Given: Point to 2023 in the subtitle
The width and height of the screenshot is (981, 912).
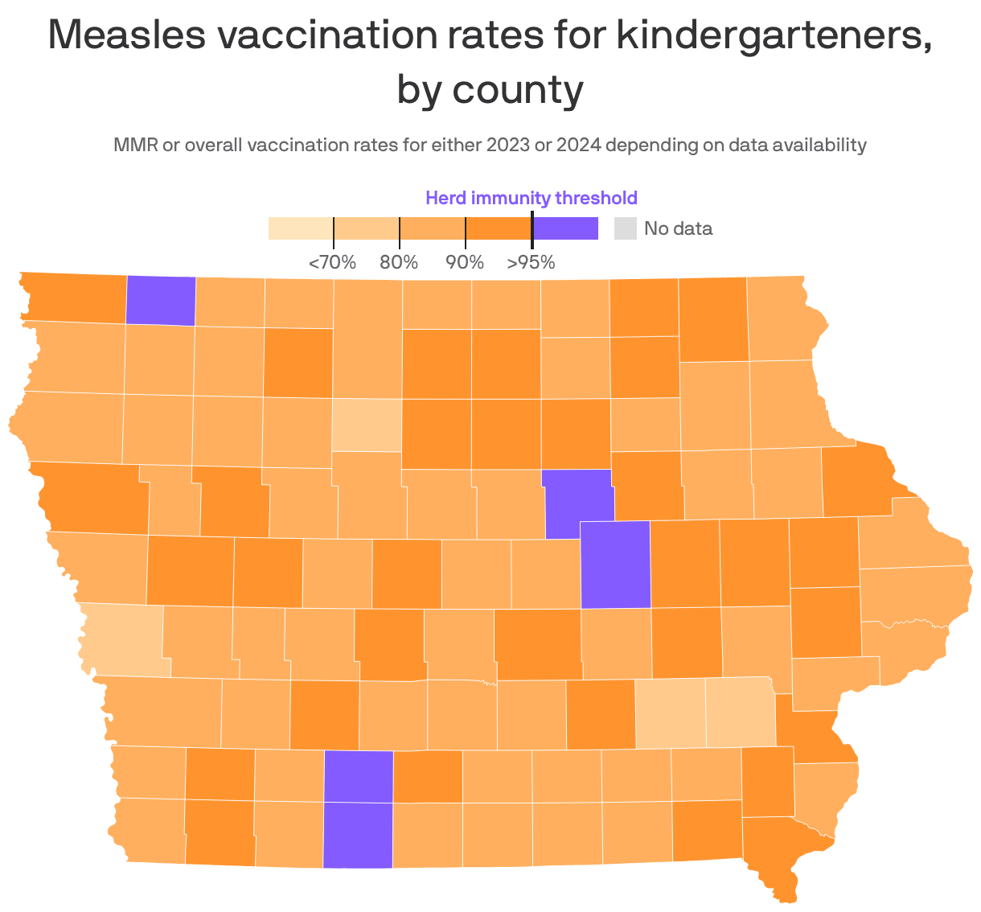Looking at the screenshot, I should (507, 146).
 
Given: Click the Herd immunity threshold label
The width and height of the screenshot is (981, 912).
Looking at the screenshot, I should (531, 198).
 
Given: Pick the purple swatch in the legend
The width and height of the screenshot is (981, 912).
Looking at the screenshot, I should (565, 228).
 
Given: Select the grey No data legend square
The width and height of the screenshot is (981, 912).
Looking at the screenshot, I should (625, 228).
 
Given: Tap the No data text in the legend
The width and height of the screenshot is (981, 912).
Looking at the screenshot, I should (678, 228).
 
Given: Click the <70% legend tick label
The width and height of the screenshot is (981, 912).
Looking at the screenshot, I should (332, 262).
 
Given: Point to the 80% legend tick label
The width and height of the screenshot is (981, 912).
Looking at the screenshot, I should (399, 262).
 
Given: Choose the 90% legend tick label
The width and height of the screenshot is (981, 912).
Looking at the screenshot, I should (465, 262).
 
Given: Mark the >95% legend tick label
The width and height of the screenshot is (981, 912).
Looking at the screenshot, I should (531, 262).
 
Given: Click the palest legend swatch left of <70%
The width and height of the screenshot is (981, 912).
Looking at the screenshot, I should (300, 228).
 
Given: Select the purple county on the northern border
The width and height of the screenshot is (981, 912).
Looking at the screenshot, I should (161, 301).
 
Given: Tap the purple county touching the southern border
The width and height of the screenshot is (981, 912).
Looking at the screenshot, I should (358, 834).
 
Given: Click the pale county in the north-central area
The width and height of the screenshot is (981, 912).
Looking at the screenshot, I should (367, 425).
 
